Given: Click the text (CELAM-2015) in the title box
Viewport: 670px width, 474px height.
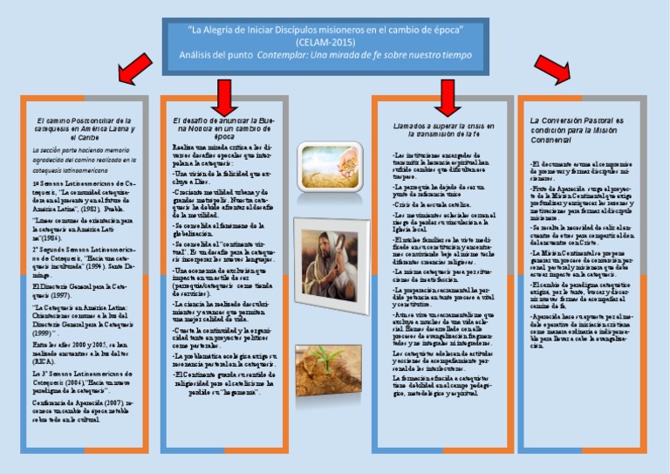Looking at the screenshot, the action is [x=325, y=42].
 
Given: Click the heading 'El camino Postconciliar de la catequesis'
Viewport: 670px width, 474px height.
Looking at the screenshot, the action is [x=83, y=128].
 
